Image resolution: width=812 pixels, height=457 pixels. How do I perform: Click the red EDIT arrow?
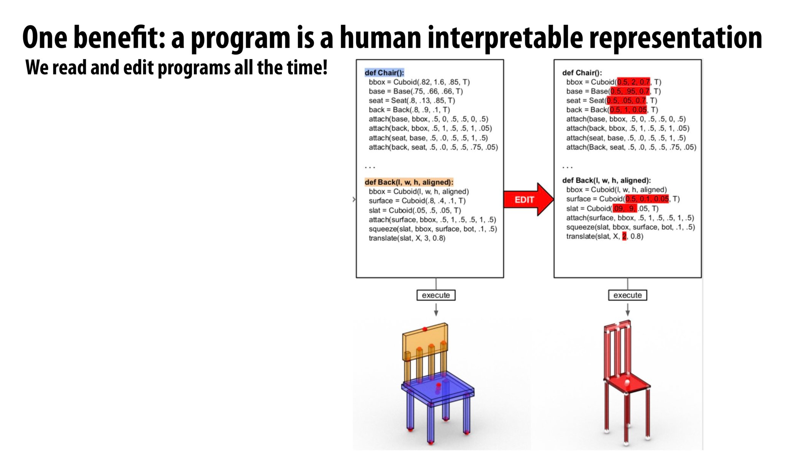pyautogui.click(x=527, y=200)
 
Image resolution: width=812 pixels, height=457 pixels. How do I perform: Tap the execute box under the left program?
pyautogui.click(x=436, y=295)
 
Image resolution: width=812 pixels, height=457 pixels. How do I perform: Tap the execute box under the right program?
pyautogui.click(x=627, y=295)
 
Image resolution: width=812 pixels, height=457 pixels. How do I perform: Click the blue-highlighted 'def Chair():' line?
pyautogui.click(x=384, y=72)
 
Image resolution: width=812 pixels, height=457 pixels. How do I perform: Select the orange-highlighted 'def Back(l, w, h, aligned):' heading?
pyautogui.click(x=409, y=182)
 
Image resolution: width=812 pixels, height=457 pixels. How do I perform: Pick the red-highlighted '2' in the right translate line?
pyautogui.click(x=624, y=236)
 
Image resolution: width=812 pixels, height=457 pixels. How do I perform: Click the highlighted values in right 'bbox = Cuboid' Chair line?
pyautogui.click(x=633, y=82)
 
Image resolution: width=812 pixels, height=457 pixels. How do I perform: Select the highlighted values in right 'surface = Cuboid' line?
pyautogui.click(x=647, y=199)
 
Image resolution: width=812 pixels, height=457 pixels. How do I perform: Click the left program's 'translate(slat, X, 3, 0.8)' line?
pyautogui.click(x=407, y=238)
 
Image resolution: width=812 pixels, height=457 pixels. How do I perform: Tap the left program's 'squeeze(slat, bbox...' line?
pyautogui.click(x=432, y=229)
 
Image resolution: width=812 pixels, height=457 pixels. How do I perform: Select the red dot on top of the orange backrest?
pyautogui.click(x=425, y=329)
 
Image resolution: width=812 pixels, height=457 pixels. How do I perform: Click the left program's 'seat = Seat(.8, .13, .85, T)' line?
pyautogui.click(x=412, y=101)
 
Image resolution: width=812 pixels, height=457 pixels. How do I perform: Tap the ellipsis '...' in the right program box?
pyautogui.click(x=567, y=167)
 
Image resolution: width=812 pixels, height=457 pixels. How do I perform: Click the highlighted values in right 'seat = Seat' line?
pyautogui.click(x=626, y=101)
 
